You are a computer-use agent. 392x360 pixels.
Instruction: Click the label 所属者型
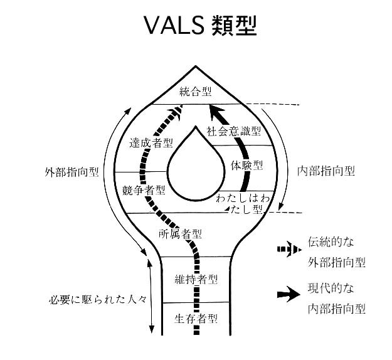(x=180, y=234)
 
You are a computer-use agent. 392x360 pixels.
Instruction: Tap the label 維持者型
(x=196, y=278)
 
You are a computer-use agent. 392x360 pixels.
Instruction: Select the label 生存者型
(x=196, y=318)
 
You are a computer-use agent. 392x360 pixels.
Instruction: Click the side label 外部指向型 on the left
(x=72, y=171)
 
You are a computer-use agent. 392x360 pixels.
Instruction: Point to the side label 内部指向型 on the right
(x=326, y=171)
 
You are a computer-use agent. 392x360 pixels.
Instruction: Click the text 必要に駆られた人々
(x=97, y=299)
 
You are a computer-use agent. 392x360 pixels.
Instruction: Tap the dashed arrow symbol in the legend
(x=287, y=248)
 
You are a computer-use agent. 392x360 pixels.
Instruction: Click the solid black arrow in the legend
(x=287, y=297)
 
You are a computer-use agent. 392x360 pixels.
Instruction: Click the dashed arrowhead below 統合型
(x=179, y=111)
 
